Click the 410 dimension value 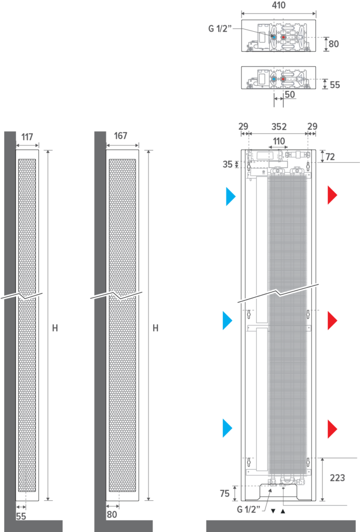click(x=278, y=5)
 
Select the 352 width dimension click(x=279, y=127)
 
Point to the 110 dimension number click(x=279, y=141)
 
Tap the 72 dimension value click(x=330, y=156)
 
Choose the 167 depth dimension click(x=120, y=136)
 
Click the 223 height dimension click(x=337, y=477)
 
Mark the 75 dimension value click(x=224, y=494)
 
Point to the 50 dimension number click(x=290, y=95)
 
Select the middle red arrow click(x=332, y=320)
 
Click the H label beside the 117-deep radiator click(x=55, y=328)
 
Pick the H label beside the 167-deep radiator click(x=155, y=328)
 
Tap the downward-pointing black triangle click(x=273, y=511)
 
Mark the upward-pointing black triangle click(x=283, y=511)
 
